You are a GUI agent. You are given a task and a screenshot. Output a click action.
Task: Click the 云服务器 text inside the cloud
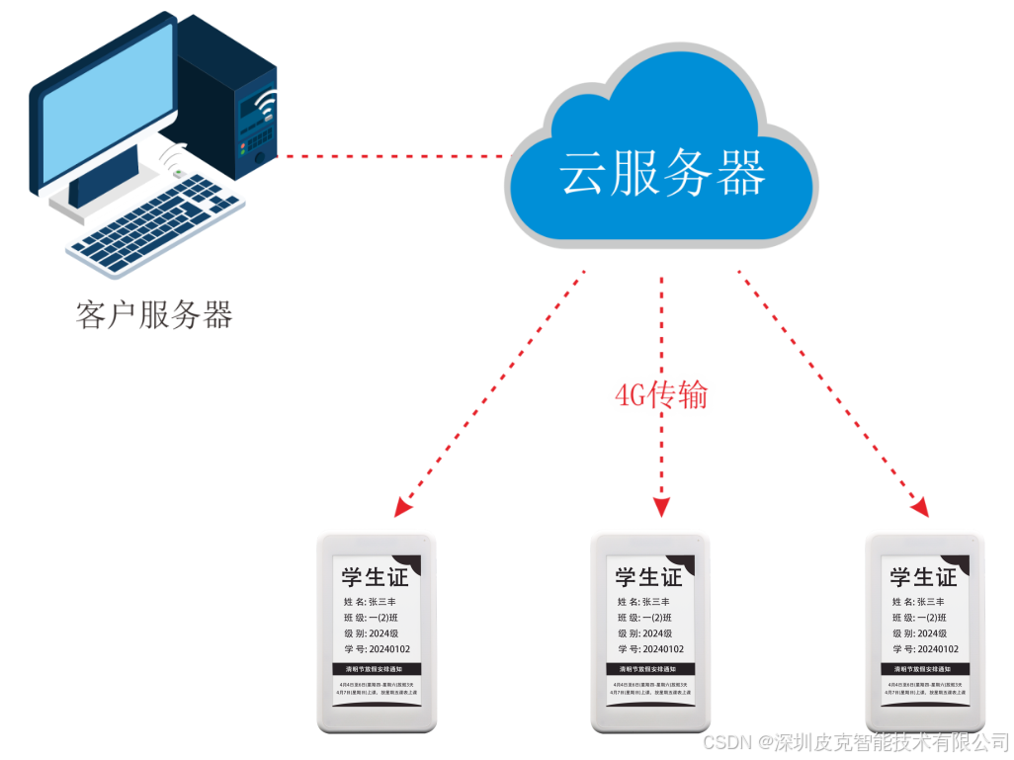click(662, 176)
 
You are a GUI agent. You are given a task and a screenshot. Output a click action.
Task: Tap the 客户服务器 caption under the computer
click(154, 314)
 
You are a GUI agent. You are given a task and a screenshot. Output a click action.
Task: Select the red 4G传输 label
click(661, 395)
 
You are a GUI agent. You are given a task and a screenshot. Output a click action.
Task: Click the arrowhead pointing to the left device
click(401, 508)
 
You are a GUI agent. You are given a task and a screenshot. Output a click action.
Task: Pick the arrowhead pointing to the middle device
click(661, 506)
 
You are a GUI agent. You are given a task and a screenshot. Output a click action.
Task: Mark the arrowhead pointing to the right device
click(920, 507)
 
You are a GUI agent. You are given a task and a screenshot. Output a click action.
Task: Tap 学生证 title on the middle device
click(649, 577)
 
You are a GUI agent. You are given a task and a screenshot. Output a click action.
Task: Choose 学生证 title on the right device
click(923, 577)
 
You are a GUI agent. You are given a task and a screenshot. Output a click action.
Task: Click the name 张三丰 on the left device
click(382, 602)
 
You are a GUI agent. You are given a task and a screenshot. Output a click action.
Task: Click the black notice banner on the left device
click(376, 669)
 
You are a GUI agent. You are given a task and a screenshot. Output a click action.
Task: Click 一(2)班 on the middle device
click(657, 618)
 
